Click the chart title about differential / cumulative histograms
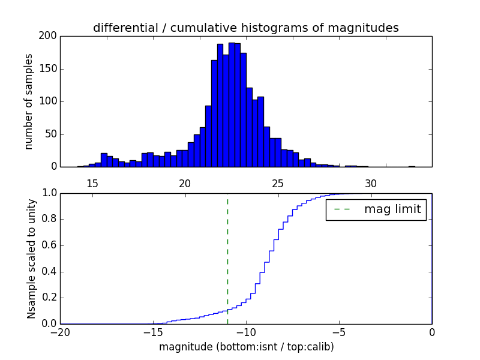[246, 28]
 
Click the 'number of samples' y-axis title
[29, 101]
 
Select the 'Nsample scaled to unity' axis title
[31, 259]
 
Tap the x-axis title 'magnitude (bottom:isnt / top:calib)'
[246, 347]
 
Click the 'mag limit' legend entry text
[392, 209]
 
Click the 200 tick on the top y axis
[49, 36]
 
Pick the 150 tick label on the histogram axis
[49, 68]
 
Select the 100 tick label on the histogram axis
[49, 101]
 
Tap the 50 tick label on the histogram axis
[51, 134]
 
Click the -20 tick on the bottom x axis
[60, 332]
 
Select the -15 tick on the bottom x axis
[153, 332]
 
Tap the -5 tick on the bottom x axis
[339, 332]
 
